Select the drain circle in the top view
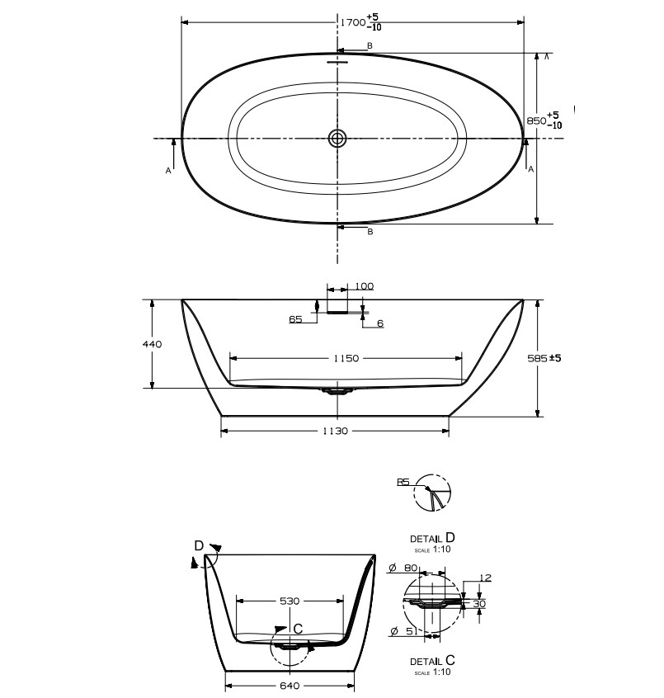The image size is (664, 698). [x=337, y=138]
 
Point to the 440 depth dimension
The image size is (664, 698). [x=153, y=344]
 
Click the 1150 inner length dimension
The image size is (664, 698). [x=346, y=358]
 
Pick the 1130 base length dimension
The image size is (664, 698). [x=335, y=431]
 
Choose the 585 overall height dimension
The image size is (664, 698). [x=544, y=358]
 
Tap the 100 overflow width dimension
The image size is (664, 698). [x=365, y=285]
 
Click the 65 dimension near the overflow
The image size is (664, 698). [x=295, y=318]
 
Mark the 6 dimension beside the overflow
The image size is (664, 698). [x=380, y=323]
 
